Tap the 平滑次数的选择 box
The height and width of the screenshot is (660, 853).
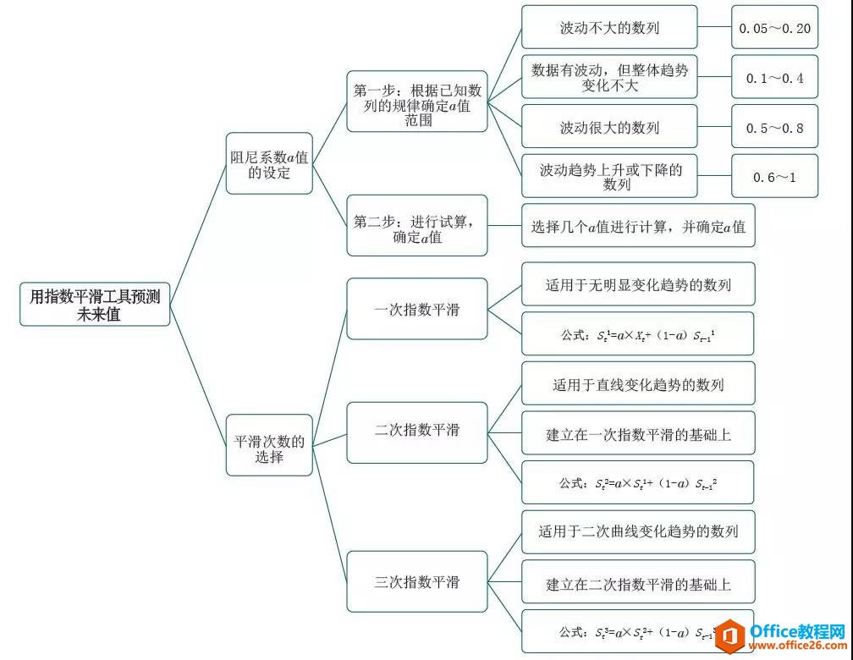click(270, 448)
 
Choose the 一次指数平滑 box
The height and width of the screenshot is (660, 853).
click(417, 310)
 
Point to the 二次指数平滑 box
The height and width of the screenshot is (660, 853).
click(417, 431)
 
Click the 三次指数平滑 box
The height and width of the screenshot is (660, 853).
click(417, 582)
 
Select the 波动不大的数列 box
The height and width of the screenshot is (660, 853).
click(609, 28)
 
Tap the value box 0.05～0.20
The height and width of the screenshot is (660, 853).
click(774, 28)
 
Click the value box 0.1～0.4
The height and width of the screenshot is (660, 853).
click(774, 78)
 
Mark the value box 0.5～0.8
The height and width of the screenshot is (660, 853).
click(774, 128)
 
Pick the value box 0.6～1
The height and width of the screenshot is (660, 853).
click(774, 177)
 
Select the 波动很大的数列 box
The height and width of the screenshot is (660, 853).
click(609, 128)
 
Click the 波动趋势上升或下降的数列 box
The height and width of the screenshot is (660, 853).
click(609, 176)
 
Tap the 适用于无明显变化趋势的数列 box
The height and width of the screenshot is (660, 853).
click(637, 285)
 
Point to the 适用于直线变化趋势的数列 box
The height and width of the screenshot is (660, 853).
click(637, 386)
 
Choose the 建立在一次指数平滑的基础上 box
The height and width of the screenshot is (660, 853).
click(637, 435)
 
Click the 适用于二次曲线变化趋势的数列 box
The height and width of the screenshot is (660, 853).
click(637, 532)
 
